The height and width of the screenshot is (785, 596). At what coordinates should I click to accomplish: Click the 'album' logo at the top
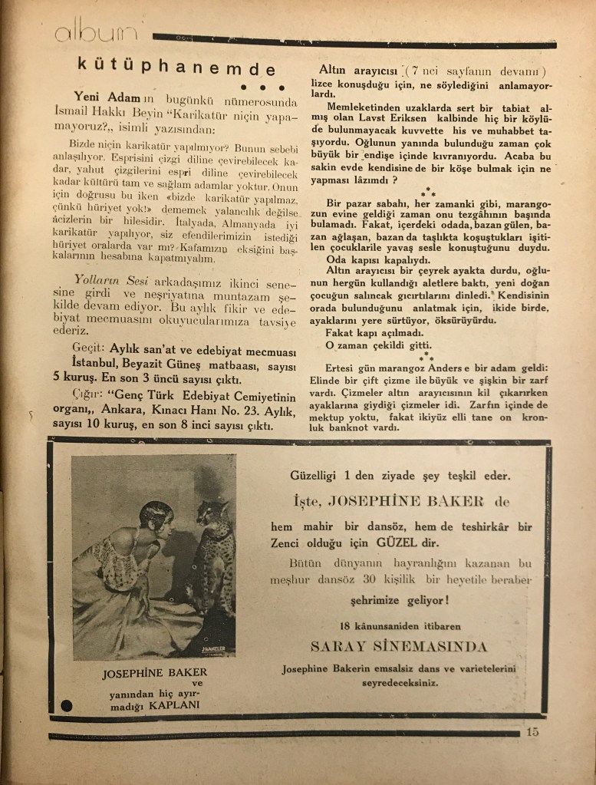[x=96, y=32]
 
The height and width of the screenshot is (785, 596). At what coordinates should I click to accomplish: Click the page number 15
[x=532, y=731]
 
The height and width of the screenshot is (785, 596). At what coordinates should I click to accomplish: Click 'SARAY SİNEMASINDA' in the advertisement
[x=398, y=645]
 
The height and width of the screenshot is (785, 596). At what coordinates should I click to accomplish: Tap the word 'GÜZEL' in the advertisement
[x=461, y=543]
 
